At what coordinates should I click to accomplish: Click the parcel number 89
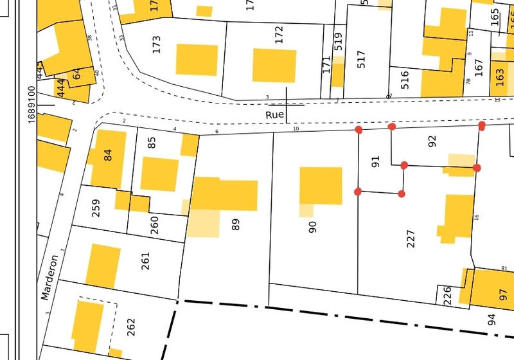tap(236, 225)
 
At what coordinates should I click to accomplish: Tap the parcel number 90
tap(313, 226)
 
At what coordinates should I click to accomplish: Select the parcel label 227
tap(412, 239)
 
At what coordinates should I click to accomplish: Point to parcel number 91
tap(377, 163)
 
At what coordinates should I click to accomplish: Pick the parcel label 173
tap(157, 44)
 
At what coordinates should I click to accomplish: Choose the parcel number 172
tap(279, 35)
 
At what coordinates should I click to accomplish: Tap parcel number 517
tap(361, 60)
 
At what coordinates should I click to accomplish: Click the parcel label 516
tap(405, 79)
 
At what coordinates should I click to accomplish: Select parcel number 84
tap(107, 155)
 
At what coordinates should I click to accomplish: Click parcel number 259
tap(96, 208)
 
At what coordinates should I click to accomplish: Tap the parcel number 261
tap(145, 261)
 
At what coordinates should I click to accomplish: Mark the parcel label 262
tap(131, 327)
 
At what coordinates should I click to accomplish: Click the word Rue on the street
tap(274, 114)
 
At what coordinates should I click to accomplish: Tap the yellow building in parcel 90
tap(321, 186)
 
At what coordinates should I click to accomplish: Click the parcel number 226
tap(447, 296)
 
